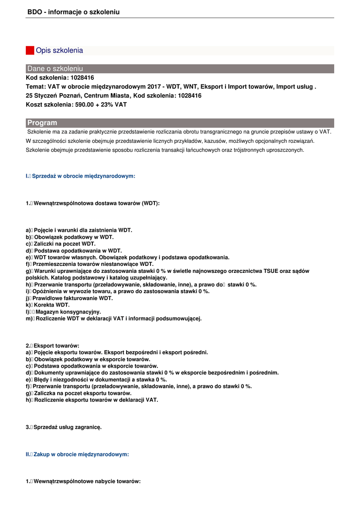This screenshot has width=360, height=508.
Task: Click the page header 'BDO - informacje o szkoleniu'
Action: click(73, 12)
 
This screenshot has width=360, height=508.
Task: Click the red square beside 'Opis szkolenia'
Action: click(30, 51)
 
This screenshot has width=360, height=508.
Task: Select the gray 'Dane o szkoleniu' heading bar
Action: click(180, 68)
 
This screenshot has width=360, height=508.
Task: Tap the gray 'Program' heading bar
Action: click(180, 123)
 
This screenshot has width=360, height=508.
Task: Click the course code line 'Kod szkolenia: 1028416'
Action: click(60, 78)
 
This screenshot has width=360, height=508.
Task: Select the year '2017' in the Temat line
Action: click(155, 87)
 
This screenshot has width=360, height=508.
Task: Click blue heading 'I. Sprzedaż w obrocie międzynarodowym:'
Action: click(80, 176)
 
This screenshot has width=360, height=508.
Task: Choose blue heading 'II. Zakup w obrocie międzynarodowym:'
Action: click(77, 454)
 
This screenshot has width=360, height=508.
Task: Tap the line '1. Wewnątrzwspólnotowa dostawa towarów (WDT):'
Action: click(93, 203)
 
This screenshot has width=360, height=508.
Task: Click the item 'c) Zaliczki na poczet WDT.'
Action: click(61, 244)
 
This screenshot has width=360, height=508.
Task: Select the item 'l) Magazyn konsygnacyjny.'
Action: click(64, 312)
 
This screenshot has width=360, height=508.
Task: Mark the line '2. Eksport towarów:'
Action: click(53, 346)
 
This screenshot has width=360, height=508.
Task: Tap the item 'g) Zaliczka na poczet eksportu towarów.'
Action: click(78, 393)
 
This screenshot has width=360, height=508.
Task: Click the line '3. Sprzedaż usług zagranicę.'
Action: click(64, 427)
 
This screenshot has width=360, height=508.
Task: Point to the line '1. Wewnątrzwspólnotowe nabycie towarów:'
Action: click(83, 482)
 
